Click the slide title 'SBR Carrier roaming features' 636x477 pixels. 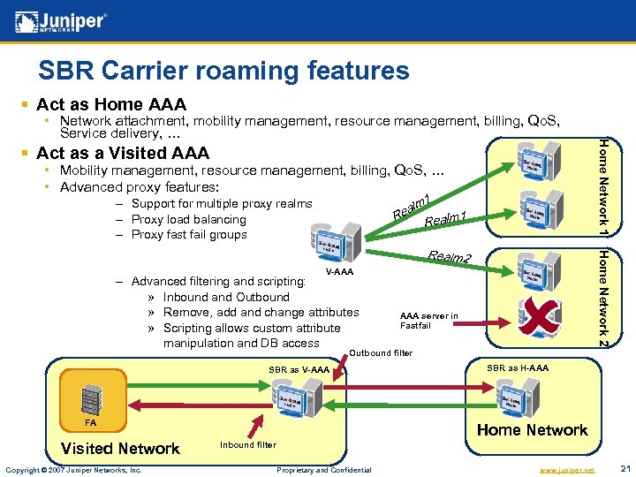(223, 71)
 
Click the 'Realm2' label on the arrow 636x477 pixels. (450, 257)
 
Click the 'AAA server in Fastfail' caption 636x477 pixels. (428, 321)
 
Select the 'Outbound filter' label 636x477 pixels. (381, 353)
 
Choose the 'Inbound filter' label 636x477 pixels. (247, 444)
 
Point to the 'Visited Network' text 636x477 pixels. (120, 449)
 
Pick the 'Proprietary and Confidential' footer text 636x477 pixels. (323, 469)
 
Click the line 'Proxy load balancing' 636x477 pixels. (188, 219)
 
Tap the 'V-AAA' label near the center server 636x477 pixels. (339, 272)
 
